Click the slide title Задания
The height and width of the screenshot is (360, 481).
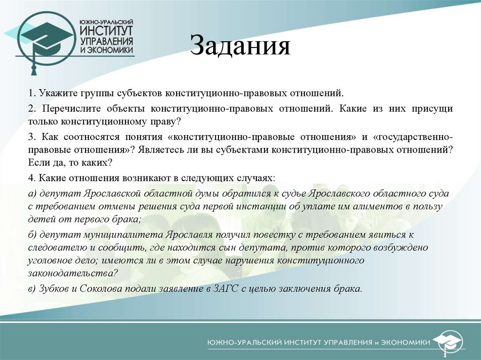(x=240, y=47)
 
